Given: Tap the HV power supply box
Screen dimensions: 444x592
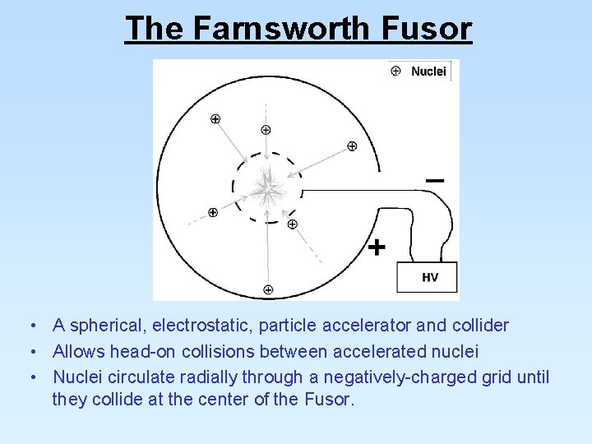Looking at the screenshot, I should point(427,277).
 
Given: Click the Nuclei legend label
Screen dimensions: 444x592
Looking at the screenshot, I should point(428,72).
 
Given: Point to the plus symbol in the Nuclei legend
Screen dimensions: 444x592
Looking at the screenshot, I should point(395,71).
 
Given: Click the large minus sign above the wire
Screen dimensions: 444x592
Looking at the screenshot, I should point(435,179).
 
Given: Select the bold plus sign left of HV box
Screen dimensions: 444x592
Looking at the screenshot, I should point(376,247).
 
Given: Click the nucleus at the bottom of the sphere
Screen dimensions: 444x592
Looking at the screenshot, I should point(268,289).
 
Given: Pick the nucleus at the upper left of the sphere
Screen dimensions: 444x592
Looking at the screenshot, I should point(215,118).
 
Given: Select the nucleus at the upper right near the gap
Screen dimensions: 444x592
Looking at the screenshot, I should point(352,146).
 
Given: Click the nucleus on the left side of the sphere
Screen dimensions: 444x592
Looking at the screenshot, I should point(213,213).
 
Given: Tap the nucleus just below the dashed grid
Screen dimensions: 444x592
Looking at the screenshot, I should point(292,224).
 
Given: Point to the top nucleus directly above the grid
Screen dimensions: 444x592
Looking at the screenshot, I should point(266,129).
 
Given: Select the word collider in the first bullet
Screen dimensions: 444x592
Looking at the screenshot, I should point(479,326).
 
